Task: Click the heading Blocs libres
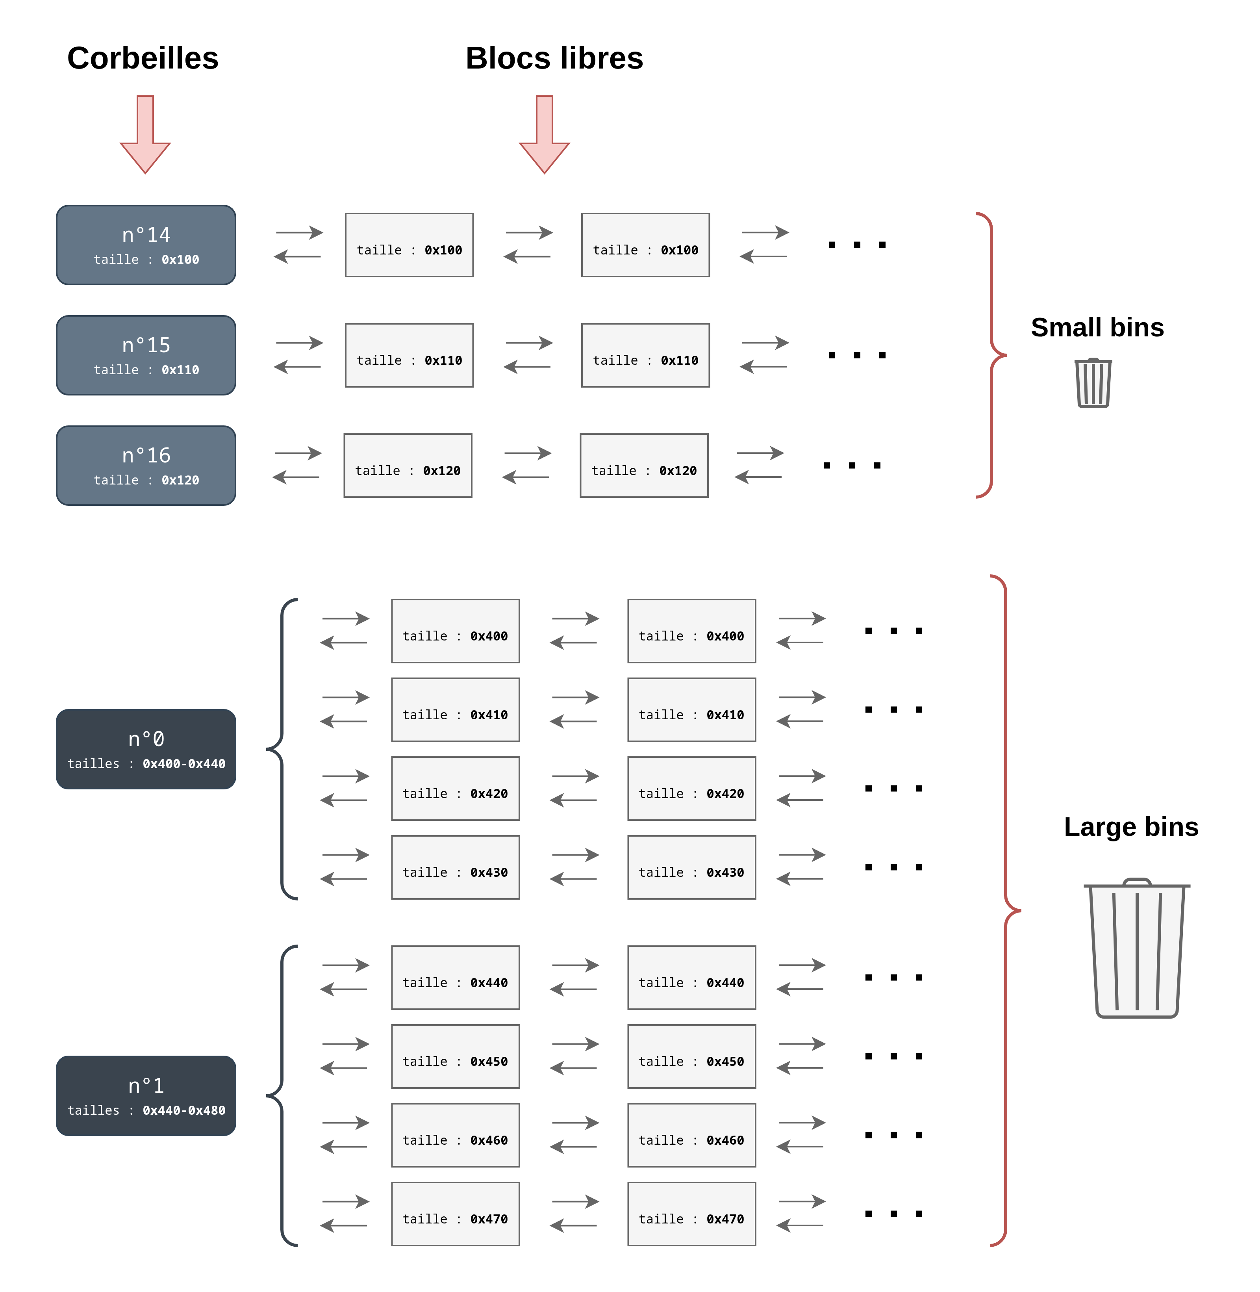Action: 554,58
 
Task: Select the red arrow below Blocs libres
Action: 545,134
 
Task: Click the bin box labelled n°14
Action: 146,245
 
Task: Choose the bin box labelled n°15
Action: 146,355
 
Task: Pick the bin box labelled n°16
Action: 146,465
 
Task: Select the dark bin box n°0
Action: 146,749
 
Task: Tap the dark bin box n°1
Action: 146,1096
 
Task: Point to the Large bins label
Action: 1131,827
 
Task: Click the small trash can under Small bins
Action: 1093,382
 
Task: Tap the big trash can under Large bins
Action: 1137,948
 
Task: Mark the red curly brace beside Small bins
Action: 991,355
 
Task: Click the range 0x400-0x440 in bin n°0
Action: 184,764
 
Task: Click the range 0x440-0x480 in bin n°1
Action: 184,1111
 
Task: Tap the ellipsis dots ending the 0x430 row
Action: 893,867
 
